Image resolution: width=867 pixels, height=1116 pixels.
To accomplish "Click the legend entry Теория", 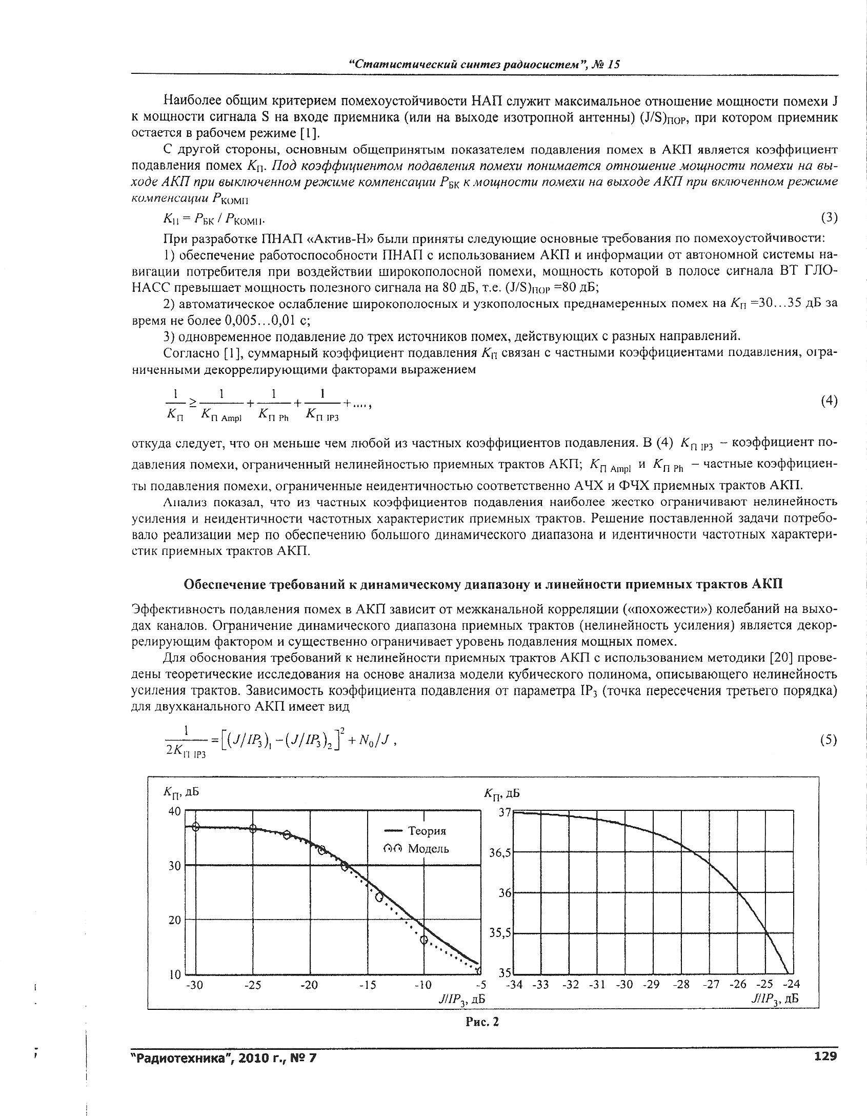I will point(427,830).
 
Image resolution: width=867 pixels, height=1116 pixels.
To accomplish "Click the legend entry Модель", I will point(428,849).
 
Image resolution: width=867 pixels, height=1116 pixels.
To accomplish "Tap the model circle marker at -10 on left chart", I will point(424,940).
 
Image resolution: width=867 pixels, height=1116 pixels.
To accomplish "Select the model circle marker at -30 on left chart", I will point(195,827).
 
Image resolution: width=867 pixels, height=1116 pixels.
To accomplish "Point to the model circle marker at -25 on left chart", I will point(253,829).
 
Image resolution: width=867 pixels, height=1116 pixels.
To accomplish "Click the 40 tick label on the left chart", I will point(175,812).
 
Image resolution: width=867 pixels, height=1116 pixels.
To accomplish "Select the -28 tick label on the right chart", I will point(681,984).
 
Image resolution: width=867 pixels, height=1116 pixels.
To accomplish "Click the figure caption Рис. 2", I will point(482,1022).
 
